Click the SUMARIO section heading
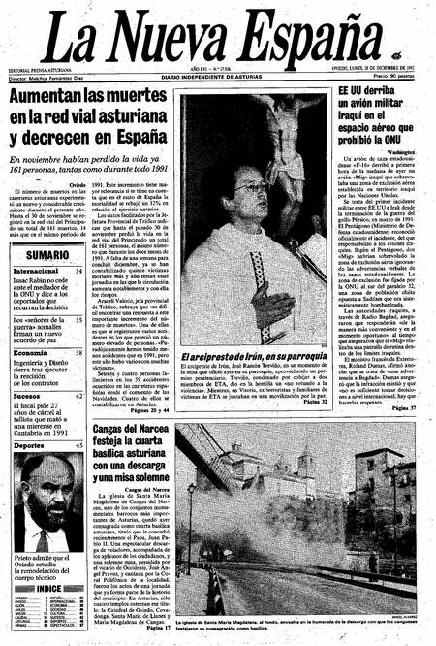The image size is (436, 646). [47, 255]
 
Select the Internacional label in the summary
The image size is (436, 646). [36, 271]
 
